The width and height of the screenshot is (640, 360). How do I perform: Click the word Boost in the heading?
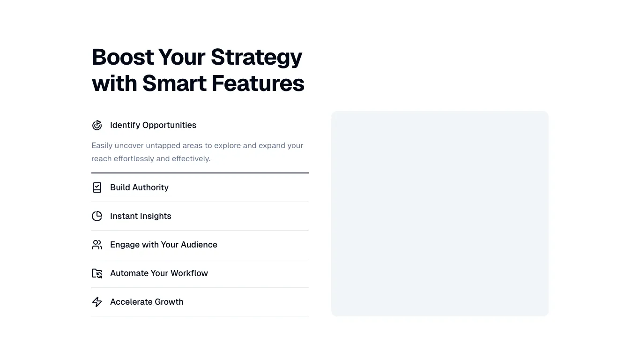pyautogui.click(x=123, y=57)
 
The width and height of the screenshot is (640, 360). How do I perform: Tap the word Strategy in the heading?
pyautogui.click(x=256, y=58)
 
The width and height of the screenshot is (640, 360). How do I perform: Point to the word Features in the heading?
pyautogui.click(x=258, y=83)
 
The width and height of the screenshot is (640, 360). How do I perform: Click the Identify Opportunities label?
pyautogui.click(x=153, y=125)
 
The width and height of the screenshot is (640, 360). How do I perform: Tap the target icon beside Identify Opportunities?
pyautogui.click(x=97, y=125)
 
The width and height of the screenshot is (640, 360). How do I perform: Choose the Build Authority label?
pyautogui.click(x=140, y=187)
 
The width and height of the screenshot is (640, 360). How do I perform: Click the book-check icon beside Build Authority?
pyautogui.click(x=97, y=187)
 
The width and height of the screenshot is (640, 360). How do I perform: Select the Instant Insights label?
pyautogui.click(x=141, y=216)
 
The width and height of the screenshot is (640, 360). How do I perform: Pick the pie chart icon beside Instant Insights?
pyautogui.click(x=97, y=216)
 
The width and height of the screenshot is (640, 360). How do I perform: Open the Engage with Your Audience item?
pyautogui.click(x=164, y=245)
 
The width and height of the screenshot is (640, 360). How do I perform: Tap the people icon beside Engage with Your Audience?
pyautogui.click(x=97, y=245)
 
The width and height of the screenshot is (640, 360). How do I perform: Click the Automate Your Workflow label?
pyautogui.click(x=159, y=273)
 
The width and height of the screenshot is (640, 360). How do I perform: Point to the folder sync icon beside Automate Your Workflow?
pyautogui.click(x=97, y=273)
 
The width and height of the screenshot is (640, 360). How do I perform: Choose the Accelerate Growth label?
pyautogui.click(x=147, y=302)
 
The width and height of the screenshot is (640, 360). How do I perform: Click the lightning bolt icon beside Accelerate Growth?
pyautogui.click(x=97, y=302)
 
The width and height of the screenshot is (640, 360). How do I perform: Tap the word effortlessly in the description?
pyautogui.click(x=134, y=159)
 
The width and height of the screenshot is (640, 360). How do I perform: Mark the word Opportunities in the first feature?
pyautogui.click(x=170, y=126)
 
